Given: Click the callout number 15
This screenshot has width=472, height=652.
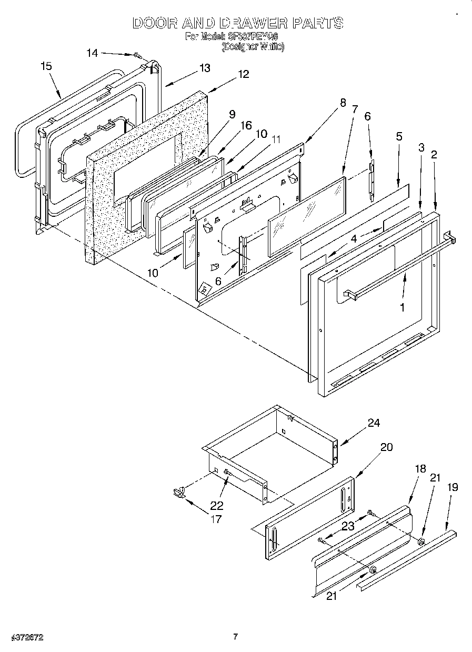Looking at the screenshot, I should (x=46, y=66).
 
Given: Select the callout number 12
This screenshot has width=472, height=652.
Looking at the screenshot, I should (x=243, y=74).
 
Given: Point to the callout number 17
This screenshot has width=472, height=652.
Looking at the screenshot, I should (x=215, y=519).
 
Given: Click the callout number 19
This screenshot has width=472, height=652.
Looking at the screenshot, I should (x=452, y=487).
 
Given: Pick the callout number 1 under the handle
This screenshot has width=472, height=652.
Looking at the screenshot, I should (x=403, y=307).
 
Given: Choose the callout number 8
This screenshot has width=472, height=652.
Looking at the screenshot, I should (x=343, y=103).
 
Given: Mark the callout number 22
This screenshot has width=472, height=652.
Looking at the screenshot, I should (x=216, y=506).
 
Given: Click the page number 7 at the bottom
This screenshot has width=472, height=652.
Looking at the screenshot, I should (x=236, y=637).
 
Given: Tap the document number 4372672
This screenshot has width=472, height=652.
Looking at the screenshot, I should (x=26, y=637).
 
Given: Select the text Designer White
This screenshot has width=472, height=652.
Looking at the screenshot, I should (x=253, y=46).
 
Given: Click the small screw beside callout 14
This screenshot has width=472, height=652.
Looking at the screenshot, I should (x=137, y=55).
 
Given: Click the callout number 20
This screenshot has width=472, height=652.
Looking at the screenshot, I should (x=386, y=447).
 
